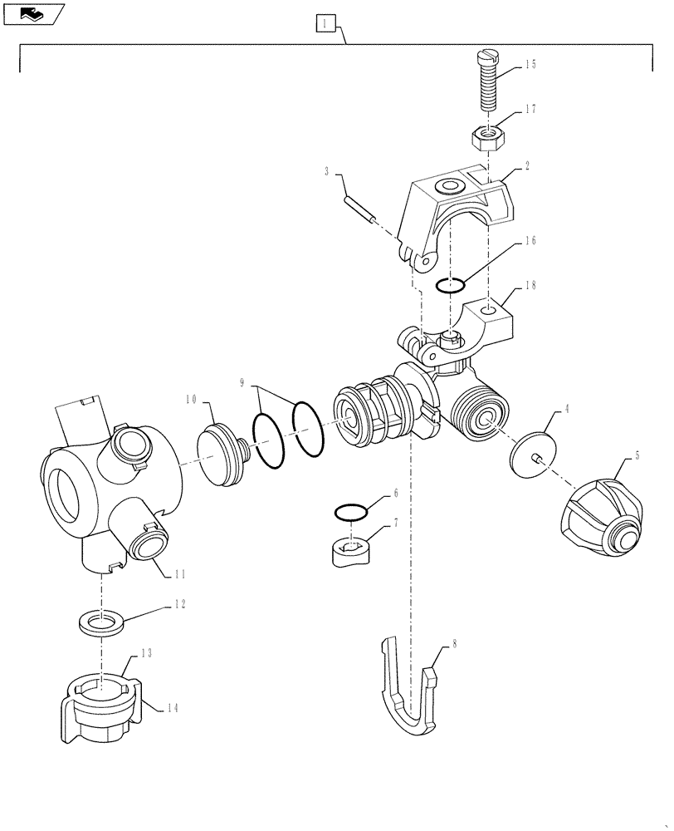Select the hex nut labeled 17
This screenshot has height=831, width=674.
pyautogui.click(x=487, y=136)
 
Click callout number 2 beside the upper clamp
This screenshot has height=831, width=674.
pyautogui.click(x=526, y=166)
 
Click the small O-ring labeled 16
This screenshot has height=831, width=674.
pyautogui.click(x=449, y=286)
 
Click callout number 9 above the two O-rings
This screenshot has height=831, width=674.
pyautogui.click(x=242, y=384)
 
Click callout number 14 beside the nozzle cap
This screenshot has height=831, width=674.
pyautogui.click(x=171, y=708)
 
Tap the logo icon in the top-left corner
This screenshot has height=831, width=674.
pyautogui.click(x=31, y=13)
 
